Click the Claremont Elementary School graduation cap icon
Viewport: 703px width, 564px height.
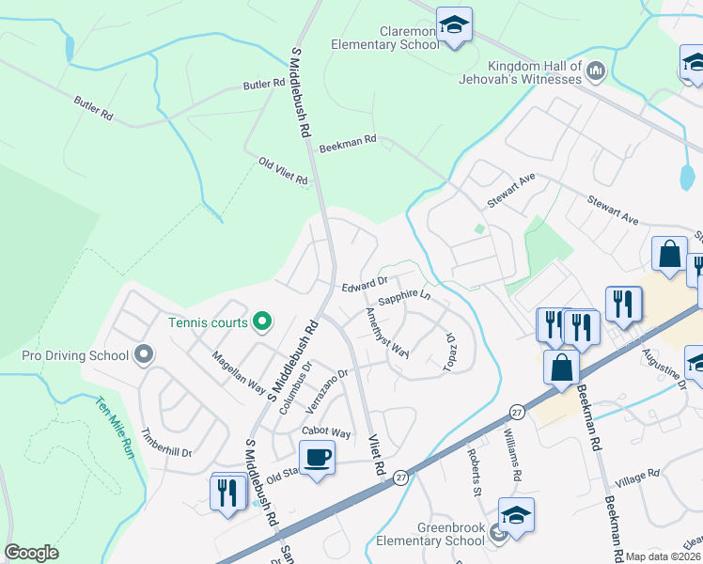pos(454,26)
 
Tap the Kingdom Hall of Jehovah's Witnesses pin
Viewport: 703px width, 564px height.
pos(596,70)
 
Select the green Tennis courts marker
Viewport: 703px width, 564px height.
pos(262,322)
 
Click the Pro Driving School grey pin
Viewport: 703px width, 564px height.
pos(143,355)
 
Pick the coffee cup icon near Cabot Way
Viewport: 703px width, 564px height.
pos(316,459)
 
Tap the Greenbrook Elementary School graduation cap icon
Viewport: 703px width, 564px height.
pos(516,516)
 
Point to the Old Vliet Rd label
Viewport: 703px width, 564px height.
pos(283,172)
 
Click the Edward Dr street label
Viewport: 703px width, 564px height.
pos(365,283)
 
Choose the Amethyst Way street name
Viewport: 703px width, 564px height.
pos(387,332)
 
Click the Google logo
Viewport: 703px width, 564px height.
pos(31,553)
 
